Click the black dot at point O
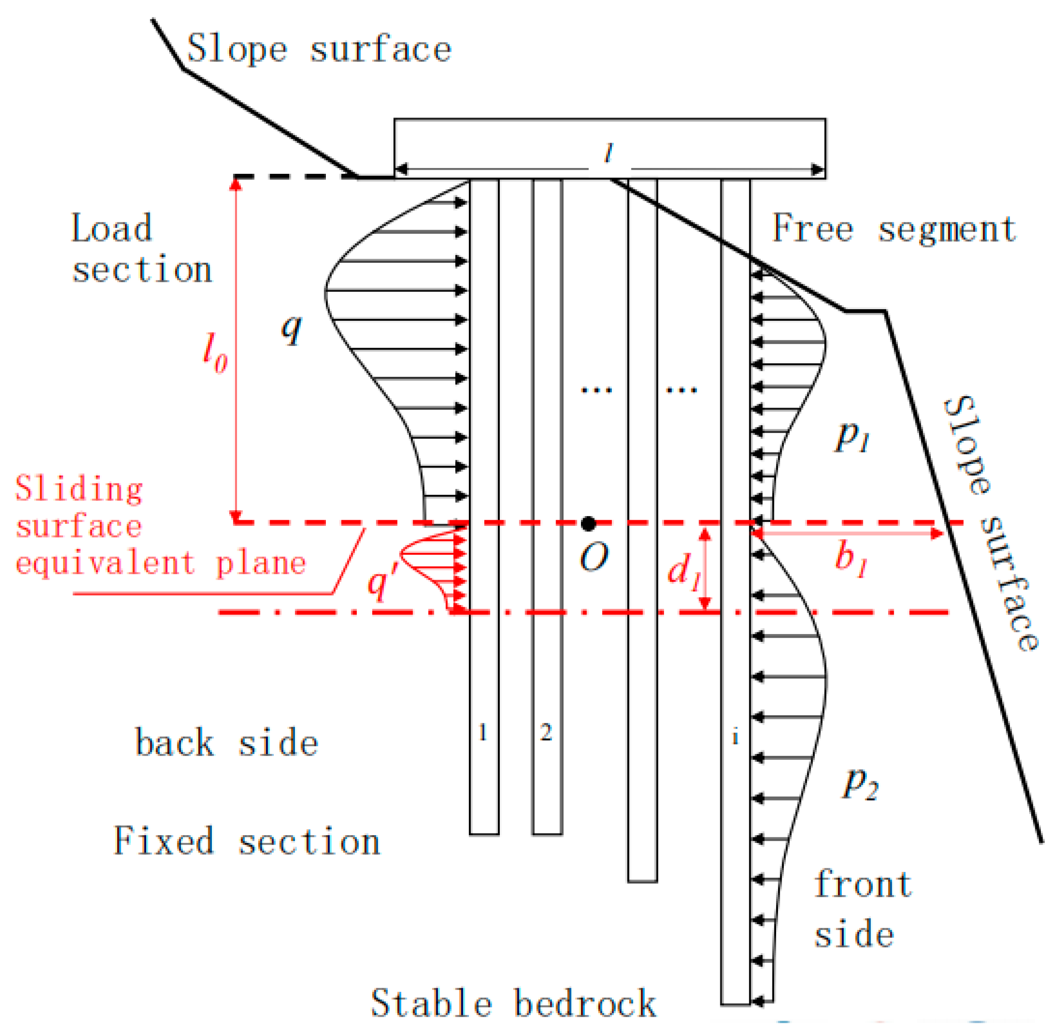coord(588,523)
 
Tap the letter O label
coord(593,558)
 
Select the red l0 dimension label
coord(215,353)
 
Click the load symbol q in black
coord(292,328)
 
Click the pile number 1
coord(482,733)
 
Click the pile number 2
coord(546,733)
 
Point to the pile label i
coord(735,738)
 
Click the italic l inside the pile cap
coord(609,153)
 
